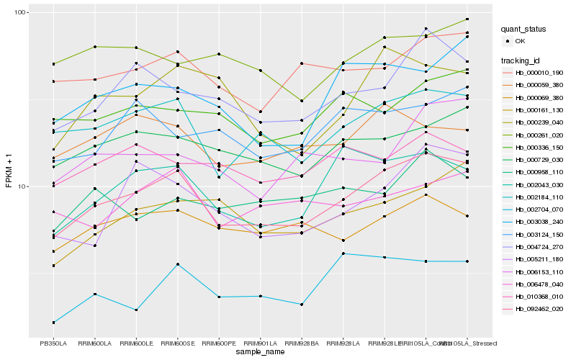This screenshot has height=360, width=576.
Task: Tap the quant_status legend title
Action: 525,29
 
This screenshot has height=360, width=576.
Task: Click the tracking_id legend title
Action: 521,60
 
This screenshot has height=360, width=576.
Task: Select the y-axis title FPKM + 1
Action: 9,174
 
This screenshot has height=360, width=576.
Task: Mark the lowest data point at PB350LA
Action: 53,323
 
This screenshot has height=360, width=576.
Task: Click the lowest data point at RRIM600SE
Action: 177,264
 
